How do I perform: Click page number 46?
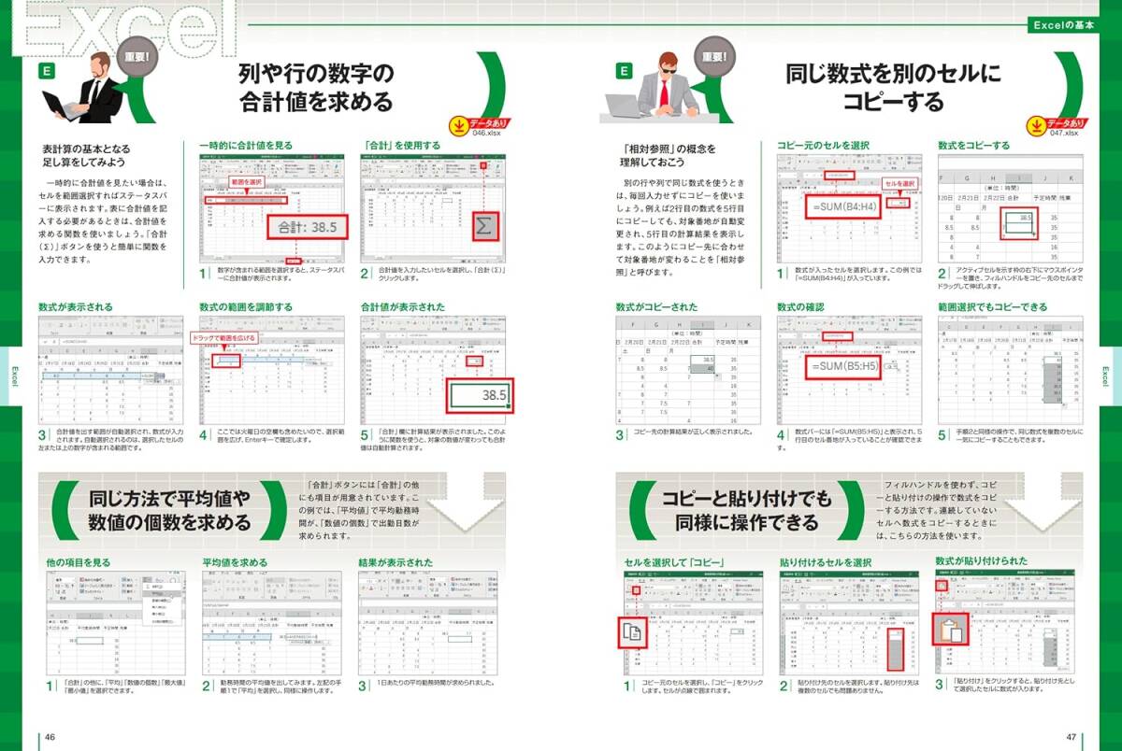pyautogui.click(x=50, y=737)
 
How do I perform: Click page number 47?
pyautogui.click(x=1072, y=737)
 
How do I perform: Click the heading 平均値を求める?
pyautogui.click(x=235, y=562)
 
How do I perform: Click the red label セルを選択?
pyautogui.click(x=898, y=183)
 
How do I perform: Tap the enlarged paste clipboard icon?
pyautogui.click(x=951, y=633)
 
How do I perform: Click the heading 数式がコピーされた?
pyautogui.click(x=656, y=306)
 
